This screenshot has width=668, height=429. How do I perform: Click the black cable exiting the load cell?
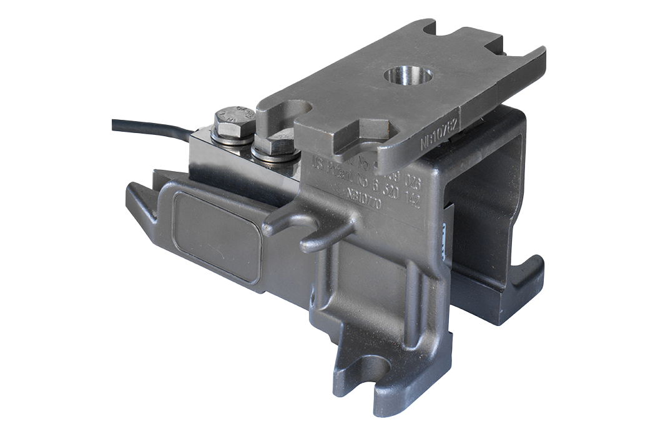coord(150,127)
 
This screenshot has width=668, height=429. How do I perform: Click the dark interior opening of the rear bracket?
coord(481,206)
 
